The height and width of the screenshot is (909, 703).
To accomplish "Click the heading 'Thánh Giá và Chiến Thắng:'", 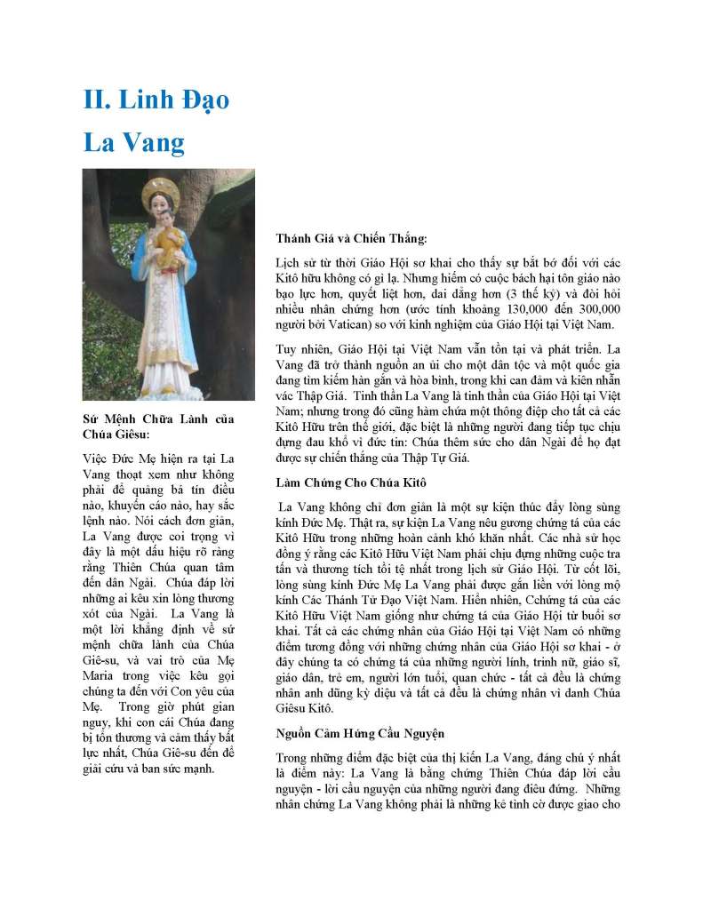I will [x=351, y=238].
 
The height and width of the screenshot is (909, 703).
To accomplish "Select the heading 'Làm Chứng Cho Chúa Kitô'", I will [x=351, y=482].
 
